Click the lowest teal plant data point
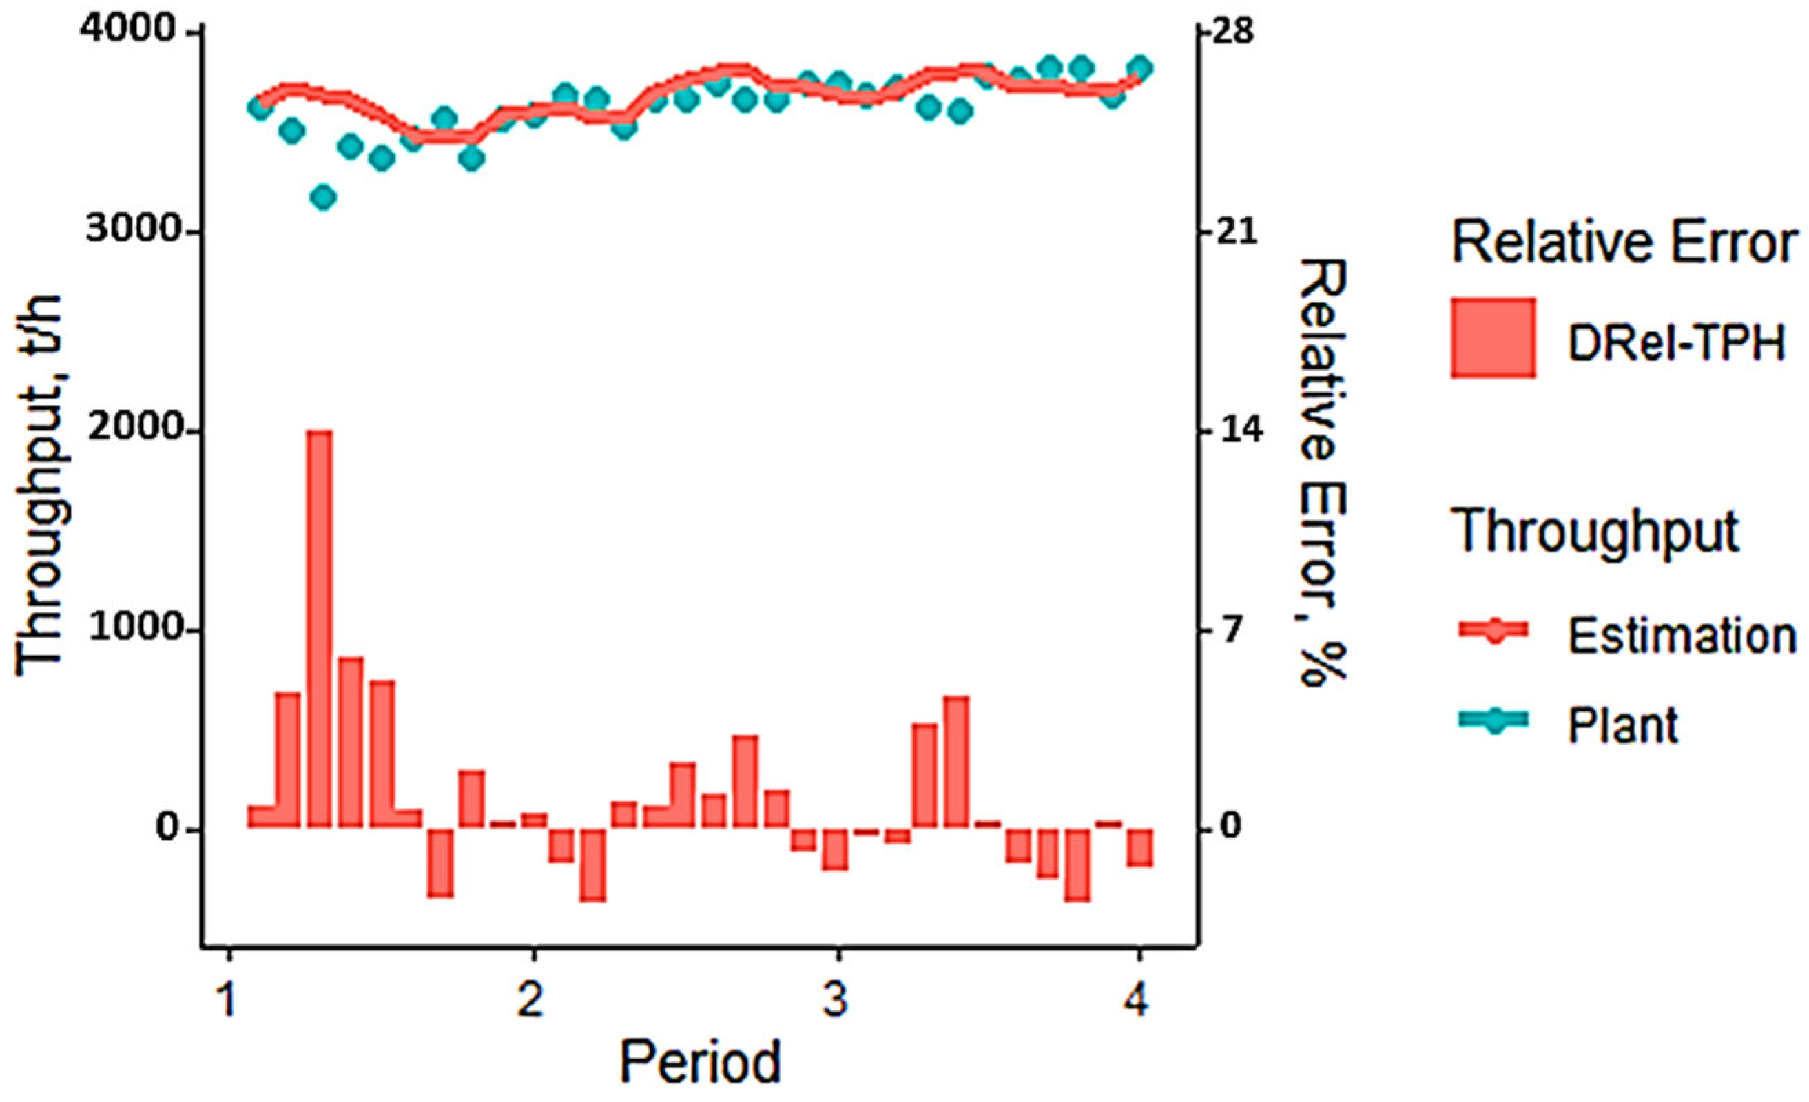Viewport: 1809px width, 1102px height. pyautogui.click(x=323, y=198)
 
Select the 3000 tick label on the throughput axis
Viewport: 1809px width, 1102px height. pyautogui.click(x=132, y=233)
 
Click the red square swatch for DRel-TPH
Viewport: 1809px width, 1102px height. pyautogui.click(x=1493, y=338)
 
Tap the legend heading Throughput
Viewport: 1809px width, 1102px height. pyautogui.click(x=1596, y=532)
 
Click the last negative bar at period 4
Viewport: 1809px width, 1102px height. pyautogui.click(x=1140, y=848)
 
